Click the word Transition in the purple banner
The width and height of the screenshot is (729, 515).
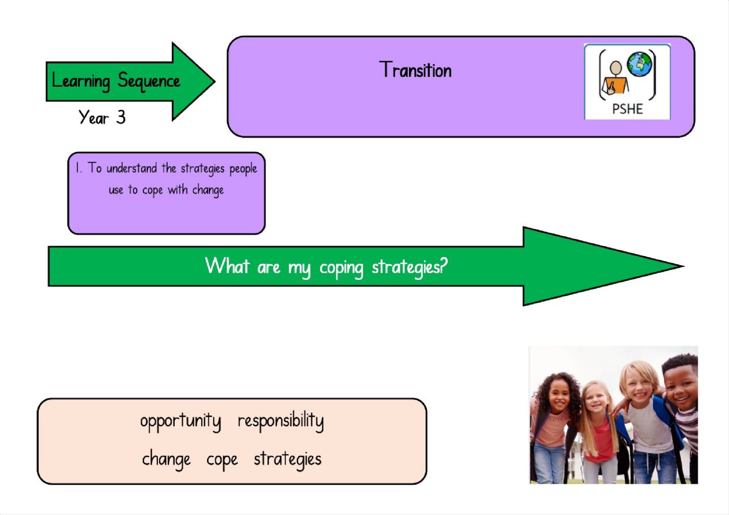pyautogui.click(x=415, y=69)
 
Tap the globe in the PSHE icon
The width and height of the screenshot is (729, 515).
pyautogui.click(x=639, y=64)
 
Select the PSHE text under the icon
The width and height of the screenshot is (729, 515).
pyautogui.click(x=627, y=109)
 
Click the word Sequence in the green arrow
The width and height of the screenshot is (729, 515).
pyautogui.click(x=149, y=81)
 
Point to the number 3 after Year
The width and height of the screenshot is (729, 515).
pyautogui.click(x=121, y=117)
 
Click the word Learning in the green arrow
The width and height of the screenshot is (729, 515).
pyautogui.click(x=81, y=81)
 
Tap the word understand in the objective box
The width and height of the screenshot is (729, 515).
pyautogui.click(x=132, y=168)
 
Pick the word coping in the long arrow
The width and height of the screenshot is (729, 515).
pyautogui.click(x=341, y=269)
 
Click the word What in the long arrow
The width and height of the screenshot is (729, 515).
pyautogui.click(x=227, y=266)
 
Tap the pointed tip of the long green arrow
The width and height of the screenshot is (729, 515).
pyautogui.click(x=683, y=266)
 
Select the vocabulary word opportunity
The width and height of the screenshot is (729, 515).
pyautogui.click(x=181, y=422)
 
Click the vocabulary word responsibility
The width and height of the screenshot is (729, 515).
pyautogui.click(x=281, y=421)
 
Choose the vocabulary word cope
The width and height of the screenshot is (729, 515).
pyautogui.click(x=222, y=460)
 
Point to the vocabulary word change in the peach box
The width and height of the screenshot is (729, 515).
pyautogui.click(x=166, y=460)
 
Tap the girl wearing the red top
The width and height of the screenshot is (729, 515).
pyautogui.click(x=599, y=432)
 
